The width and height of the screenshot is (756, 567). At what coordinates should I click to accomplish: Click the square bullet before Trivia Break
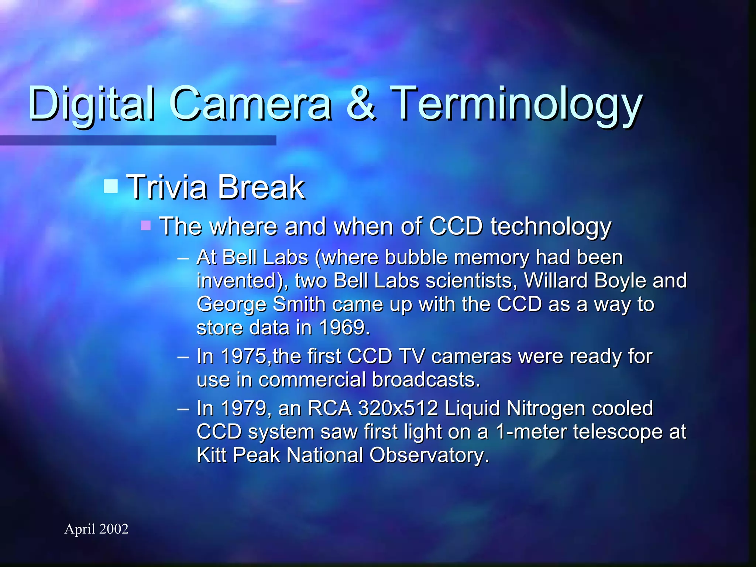click(x=111, y=186)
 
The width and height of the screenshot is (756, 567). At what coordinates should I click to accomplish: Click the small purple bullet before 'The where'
click(x=146, y=225)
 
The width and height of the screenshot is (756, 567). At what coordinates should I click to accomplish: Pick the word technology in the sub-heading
click(x=551, y=226)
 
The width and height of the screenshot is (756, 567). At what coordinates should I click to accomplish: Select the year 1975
click(x=243, y=357)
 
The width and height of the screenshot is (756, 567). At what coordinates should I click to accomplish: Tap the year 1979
click(x=243, y=408)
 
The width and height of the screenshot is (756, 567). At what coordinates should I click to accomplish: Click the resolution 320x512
click(x=398, y=408)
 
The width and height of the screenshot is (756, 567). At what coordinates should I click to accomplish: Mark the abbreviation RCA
click(x=329, y=408)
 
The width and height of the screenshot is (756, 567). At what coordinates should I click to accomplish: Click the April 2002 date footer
click(x=96, y=529)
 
